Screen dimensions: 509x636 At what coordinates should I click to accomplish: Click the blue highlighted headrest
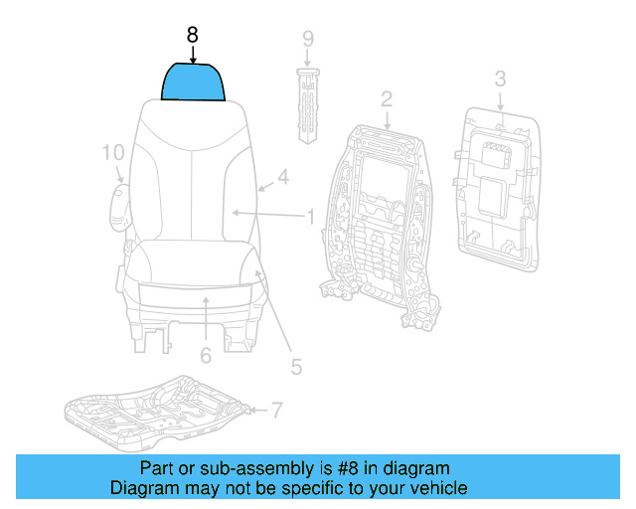pos(193,83)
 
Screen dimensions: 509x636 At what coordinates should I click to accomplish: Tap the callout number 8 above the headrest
pos(193,35)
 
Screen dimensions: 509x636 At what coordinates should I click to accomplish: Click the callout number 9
pos(308,39)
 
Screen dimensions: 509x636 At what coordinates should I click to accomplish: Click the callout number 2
pos(386,98)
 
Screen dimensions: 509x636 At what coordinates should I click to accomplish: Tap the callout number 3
pos(500,78)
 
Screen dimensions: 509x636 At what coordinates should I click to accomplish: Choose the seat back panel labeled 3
pos(497,190)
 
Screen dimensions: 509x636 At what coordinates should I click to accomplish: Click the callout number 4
pos(282,178)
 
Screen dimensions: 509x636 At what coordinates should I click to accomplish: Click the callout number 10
pos(113,152)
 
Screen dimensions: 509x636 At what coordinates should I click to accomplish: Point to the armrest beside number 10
pos(121,204)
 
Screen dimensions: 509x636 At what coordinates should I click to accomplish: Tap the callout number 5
pos(295,367)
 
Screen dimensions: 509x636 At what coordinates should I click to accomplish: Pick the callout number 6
pos(205,355)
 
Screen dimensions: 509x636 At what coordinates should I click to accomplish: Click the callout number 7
pos(276,409)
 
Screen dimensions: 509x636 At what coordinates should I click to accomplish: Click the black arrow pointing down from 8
pos(193,55)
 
